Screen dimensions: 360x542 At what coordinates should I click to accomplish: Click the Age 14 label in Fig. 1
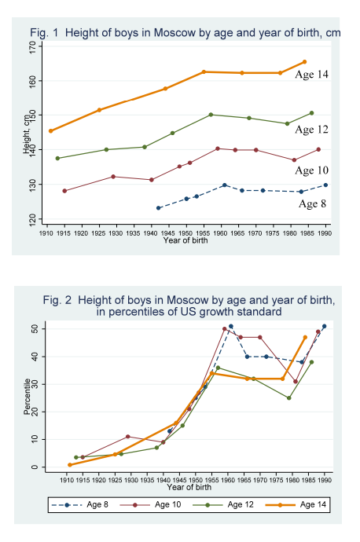pyautogui.click(x=311, y=75)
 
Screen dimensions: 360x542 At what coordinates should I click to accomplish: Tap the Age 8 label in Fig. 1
pyautogui.click(x=312, y=203)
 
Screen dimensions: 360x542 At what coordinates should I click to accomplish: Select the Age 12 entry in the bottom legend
pyautogui.click(x=241, y=504)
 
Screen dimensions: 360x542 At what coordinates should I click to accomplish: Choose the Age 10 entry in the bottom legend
pyautogui.click(x=167, y=504)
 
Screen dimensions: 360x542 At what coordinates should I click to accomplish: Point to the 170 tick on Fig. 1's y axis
pyautogui.click(x=33, y=46)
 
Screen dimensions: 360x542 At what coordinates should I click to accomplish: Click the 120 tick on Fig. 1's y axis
pyautogui.click(x=33, y=219)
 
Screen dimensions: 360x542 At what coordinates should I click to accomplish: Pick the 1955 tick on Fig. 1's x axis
pyautogui.click(x=203, y=233)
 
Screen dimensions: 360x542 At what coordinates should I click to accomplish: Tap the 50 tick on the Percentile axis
pyautogui.click(x=35, y=328)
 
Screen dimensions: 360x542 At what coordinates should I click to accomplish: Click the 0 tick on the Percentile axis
pyautogui.click(x=35, y=467)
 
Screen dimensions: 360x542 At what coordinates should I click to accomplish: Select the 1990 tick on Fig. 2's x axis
pyautogui.click(x=325, y=480)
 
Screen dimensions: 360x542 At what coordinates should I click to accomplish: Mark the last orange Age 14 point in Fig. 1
pyautogui.click(x=305, y=62)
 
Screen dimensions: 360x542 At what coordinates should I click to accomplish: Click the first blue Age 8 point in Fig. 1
pyautogui.click(x=159, y=208)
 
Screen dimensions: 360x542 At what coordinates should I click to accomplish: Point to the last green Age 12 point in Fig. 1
pyautogui.click(x=311, y=113)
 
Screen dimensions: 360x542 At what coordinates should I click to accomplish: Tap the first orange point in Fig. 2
pyautogui.click(x=70, y=465)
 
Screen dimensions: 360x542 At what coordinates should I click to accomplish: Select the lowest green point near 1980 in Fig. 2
pyautogui.click(x=289, y=397)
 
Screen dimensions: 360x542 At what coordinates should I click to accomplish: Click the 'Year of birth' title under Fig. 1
pyautogui.click(x=186, y=240)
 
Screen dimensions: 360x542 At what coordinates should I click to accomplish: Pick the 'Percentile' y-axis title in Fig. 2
pyautogui.click(x=27, y=396)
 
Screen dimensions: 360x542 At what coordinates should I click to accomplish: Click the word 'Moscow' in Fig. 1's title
pyautogui.click(x=174, y=33)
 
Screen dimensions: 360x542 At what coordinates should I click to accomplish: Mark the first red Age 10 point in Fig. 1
pyautogui.click(x=64, y=191)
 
